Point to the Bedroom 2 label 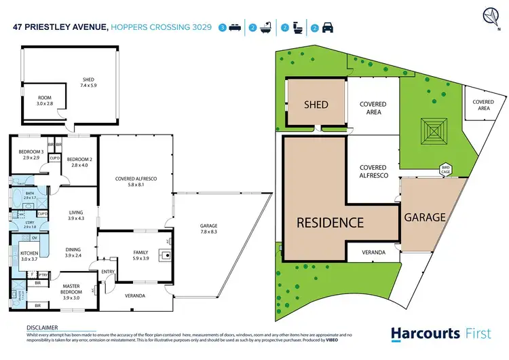pyautogui.click(x=79, y=162)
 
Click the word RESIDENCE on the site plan pyautogui.click(x=330, y=222)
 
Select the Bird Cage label pyautogui.click(x=445, y=168)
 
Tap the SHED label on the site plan pyautogui.click(x=316, y=105)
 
